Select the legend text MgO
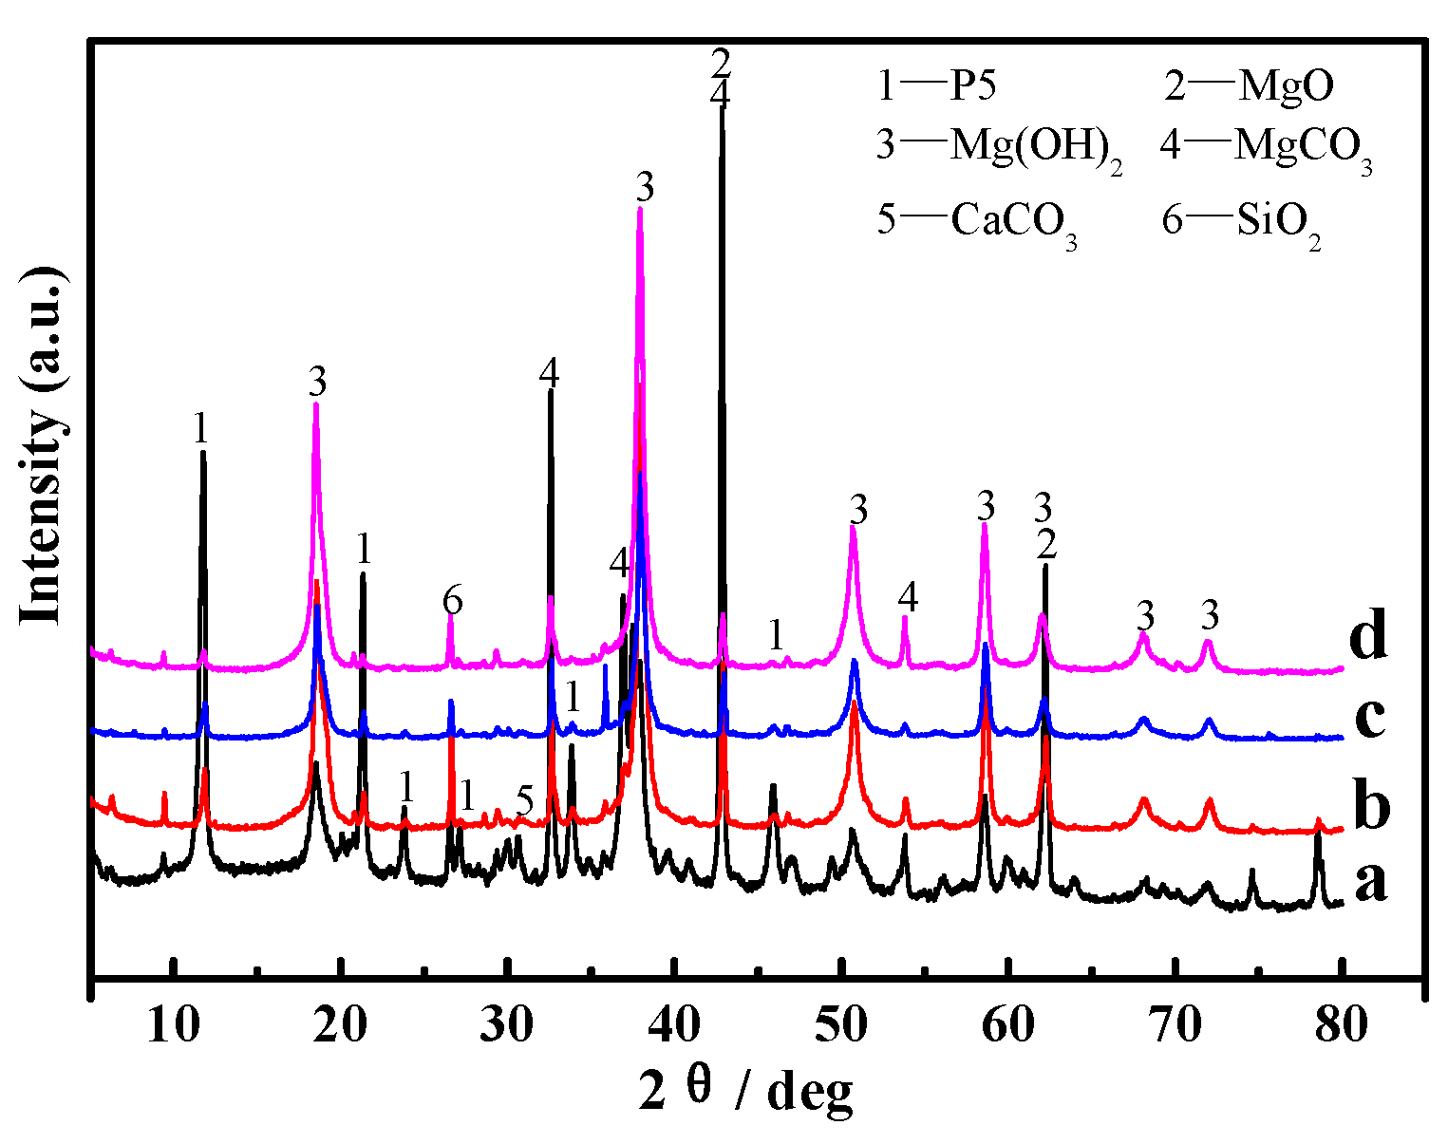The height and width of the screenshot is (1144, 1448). coord(1286,87)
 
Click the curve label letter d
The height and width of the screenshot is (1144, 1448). coord(1368,638)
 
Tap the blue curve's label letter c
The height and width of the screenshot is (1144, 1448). coord(1368,719)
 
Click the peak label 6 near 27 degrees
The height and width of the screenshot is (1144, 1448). coord(452,600)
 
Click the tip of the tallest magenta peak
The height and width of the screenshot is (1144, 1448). coord(640,208)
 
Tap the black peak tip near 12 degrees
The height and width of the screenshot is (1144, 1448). coord(202,453)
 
